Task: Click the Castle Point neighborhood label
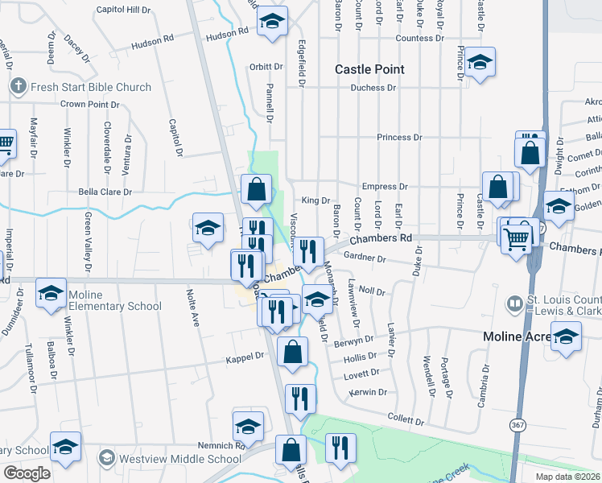click(369, 69)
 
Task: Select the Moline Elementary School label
click(115, 300)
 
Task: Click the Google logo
click(27, 473)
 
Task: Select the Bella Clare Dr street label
click(104, 192)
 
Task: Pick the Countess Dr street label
click(419, 38)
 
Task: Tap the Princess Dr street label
click(399, 138)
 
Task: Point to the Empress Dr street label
click(385, 187)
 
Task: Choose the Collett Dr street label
click(405, 420)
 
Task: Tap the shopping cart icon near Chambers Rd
click(516, 237)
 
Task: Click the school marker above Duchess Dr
click(480, 62)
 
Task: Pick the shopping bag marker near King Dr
click(256, 191)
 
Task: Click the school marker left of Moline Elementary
click(52, 293)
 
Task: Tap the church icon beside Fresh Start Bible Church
click(17, 85)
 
